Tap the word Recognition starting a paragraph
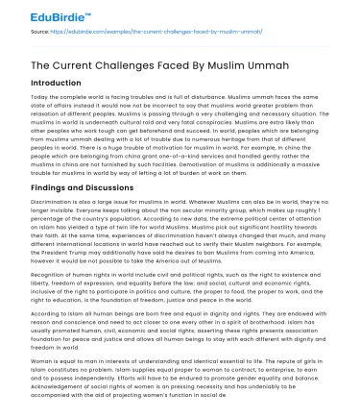(27, 299)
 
